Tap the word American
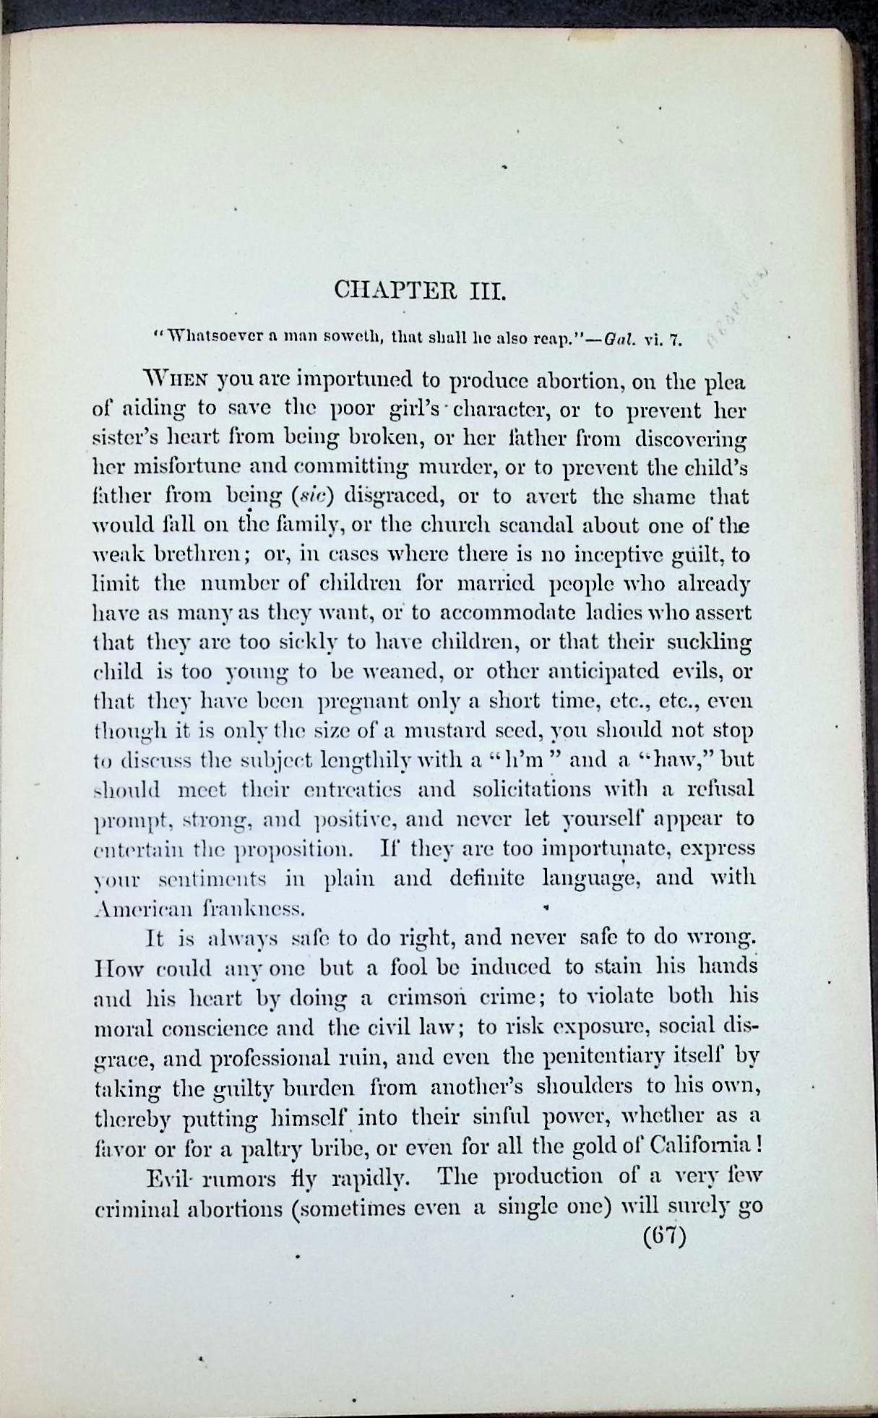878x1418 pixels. (x=130, y=908)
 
